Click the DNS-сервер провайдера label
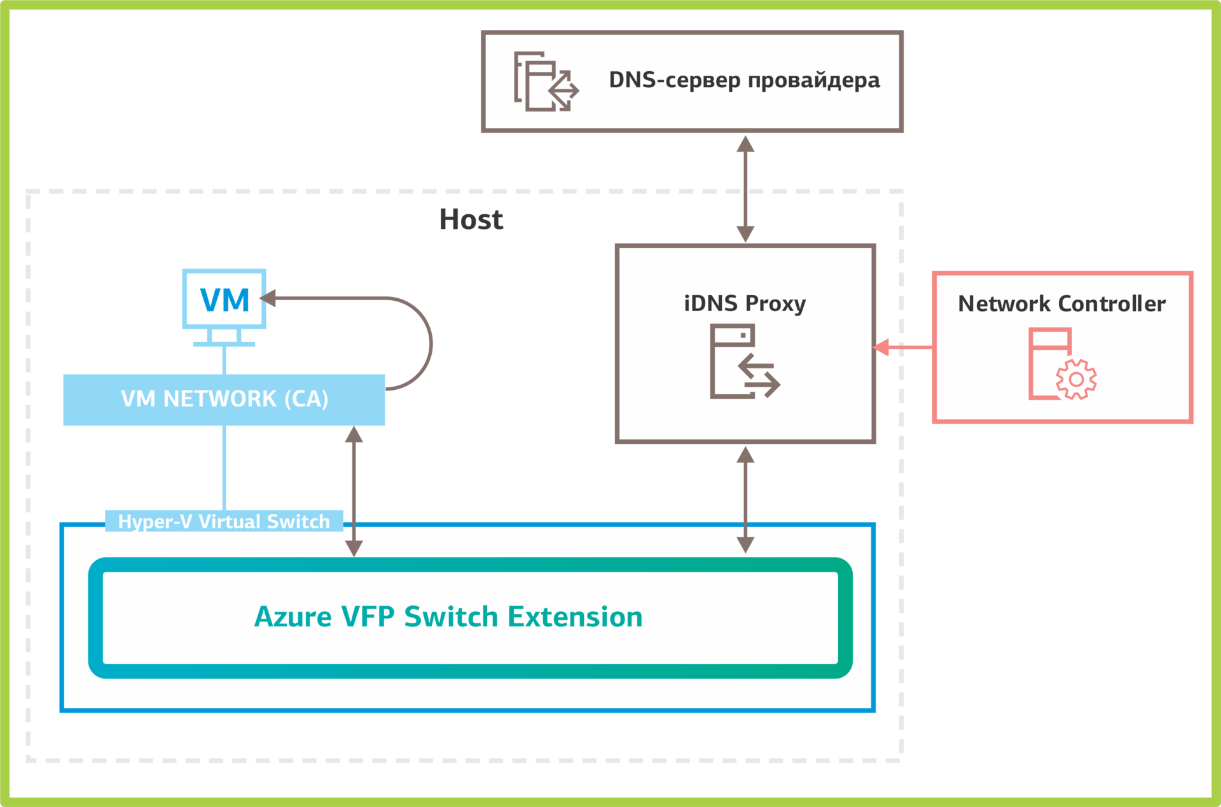click(x=744, y=80)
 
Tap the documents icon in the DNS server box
click(x=546, y=81)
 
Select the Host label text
click(x=471, y=220)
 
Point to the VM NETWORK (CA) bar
click(x=224, y=399)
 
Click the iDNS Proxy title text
click(x=745, y=303)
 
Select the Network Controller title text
click(x=1061, y=304)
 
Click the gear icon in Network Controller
click(x=1075, y=379)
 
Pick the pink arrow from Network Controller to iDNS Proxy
click(x=903, y=347)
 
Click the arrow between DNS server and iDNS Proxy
click(x=745, y=188)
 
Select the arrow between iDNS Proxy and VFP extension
click(x=745, y=499)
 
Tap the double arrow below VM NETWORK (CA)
click(x=354, y=491)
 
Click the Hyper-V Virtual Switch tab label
click(x=224, y=521)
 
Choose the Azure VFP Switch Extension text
click(x=448, y=617)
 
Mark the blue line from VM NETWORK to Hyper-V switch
click(x=224, y=467)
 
